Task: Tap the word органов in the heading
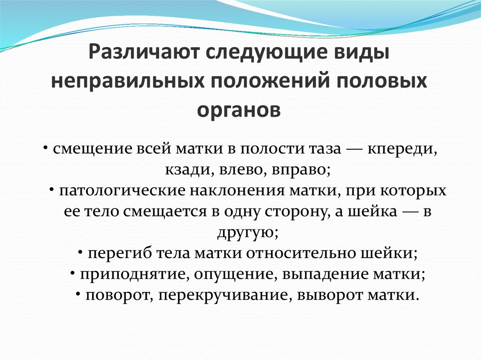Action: click(x=239, y=110)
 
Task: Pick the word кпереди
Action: click(x=402, y=150)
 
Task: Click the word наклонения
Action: click(x=238, y=191)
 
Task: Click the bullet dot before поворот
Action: click(x=78, y=294)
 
